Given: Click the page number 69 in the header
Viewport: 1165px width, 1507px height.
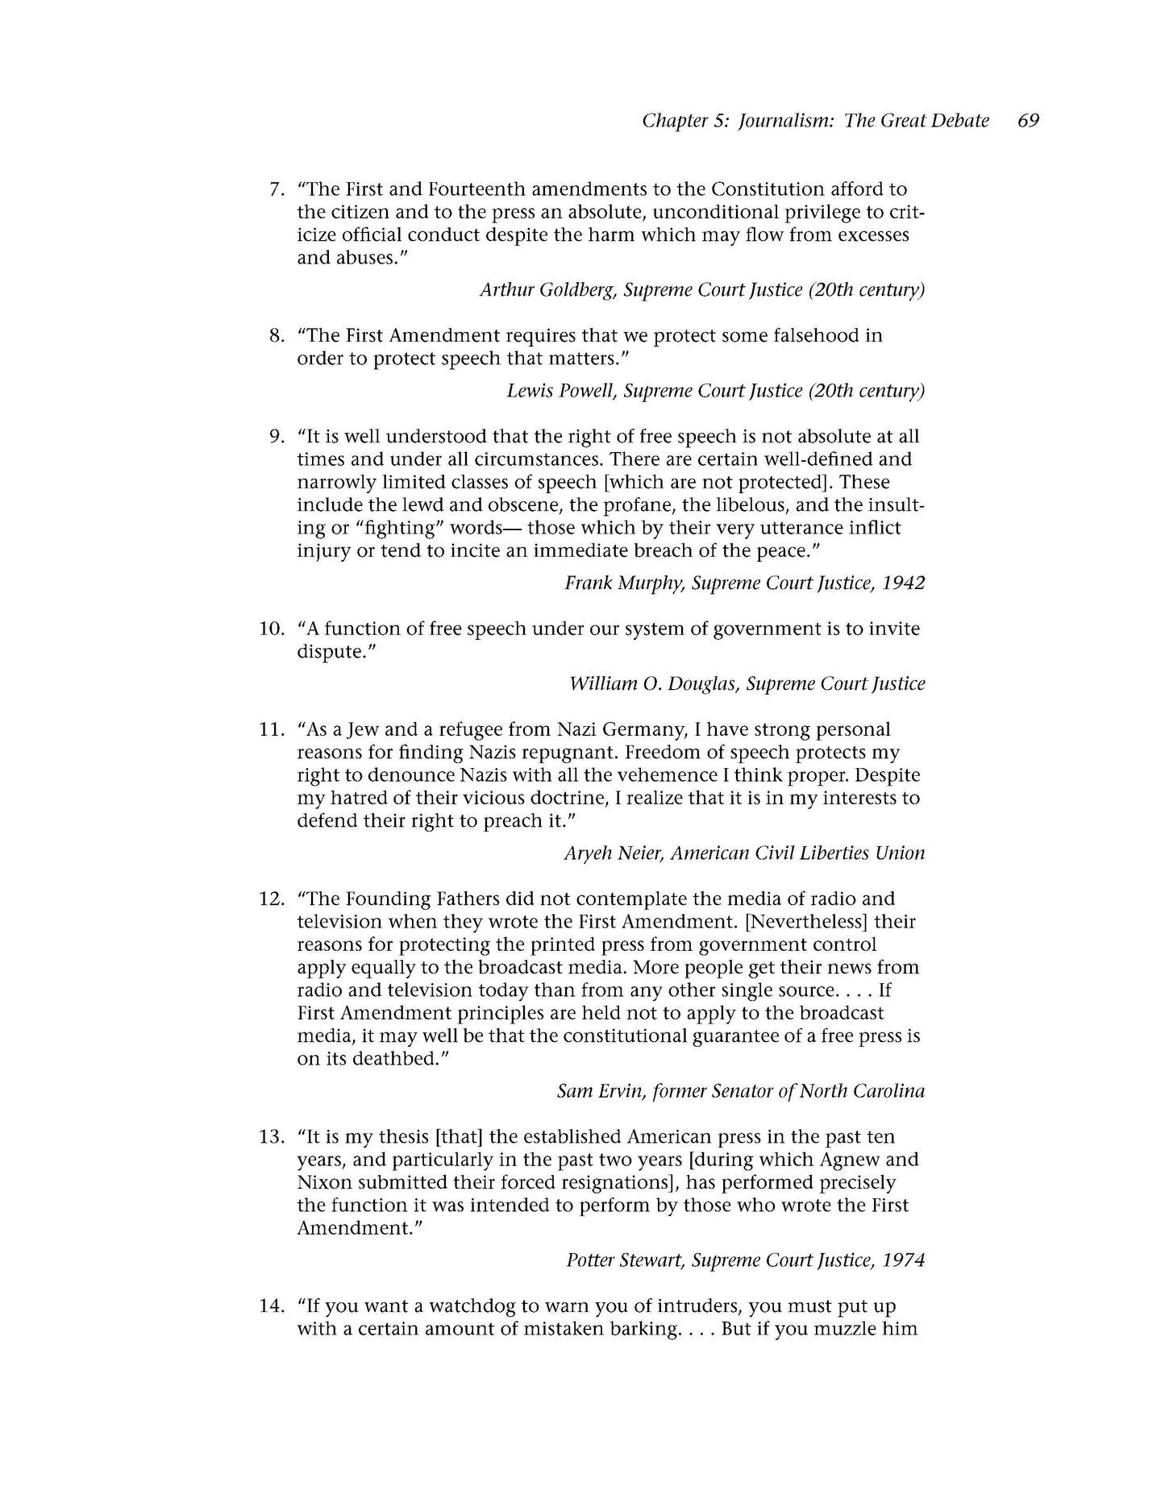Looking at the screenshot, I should (1028, 121).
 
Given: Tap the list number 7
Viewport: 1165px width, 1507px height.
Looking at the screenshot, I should (276, 190).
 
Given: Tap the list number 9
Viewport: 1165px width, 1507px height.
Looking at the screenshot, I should (276, 437).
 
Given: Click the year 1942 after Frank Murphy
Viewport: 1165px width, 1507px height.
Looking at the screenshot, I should (903, 583).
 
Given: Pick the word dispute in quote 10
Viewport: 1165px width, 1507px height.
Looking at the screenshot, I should (331, 651).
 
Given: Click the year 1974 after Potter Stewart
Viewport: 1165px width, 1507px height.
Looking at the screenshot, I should (903, 1260).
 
